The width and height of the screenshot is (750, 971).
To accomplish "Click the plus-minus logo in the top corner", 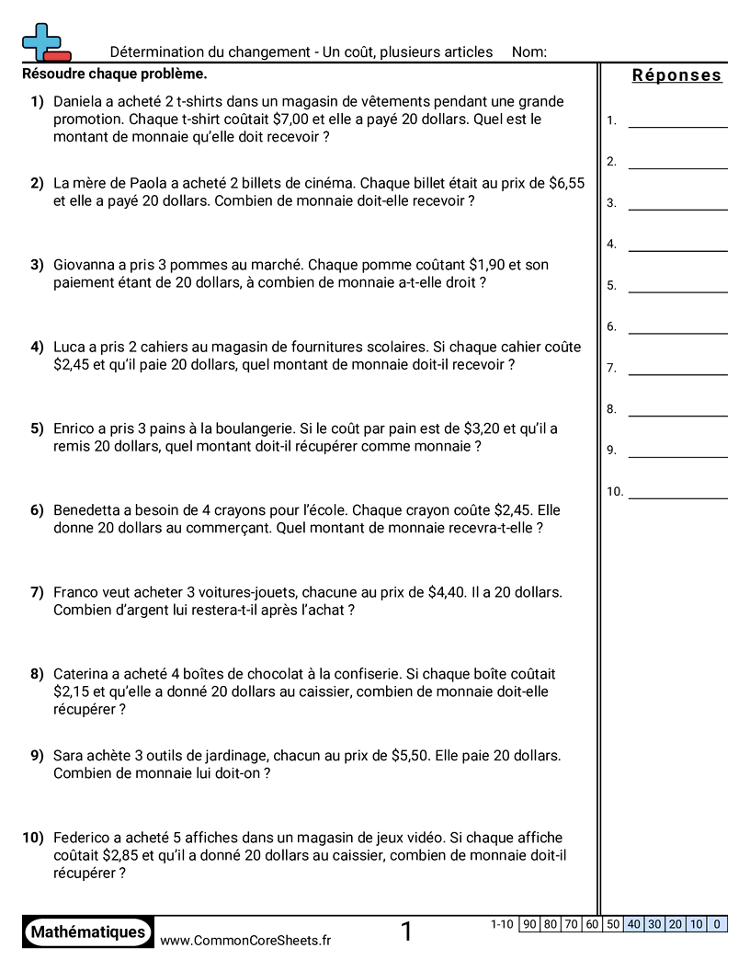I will point(44,42).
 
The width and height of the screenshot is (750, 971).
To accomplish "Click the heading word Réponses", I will point(677,75).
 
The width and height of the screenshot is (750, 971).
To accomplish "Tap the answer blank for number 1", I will point(677,120).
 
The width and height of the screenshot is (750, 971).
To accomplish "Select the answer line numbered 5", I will point(677,285).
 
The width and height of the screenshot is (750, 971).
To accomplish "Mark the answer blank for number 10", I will point(677,492).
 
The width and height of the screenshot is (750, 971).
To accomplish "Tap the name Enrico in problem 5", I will point(75,428).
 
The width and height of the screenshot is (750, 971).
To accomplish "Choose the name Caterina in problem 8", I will point(83,674).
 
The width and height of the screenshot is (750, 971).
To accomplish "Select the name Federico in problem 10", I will point(84,838).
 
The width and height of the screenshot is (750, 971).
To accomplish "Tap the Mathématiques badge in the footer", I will point(88,932).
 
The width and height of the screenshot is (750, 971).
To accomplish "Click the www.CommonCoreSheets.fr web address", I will point(245,941).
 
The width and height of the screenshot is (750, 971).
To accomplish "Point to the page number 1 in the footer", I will point(406,932).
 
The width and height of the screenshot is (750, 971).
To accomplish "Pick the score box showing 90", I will point(529,925).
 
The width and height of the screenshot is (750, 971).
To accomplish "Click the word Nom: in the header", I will point(529,52).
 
